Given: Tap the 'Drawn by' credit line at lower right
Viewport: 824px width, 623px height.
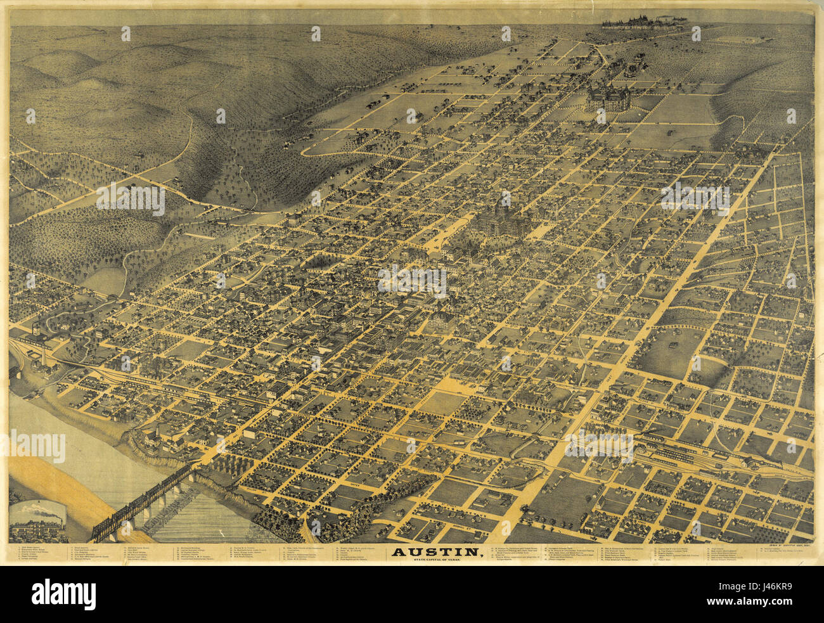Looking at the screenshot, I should click(780, 546).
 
